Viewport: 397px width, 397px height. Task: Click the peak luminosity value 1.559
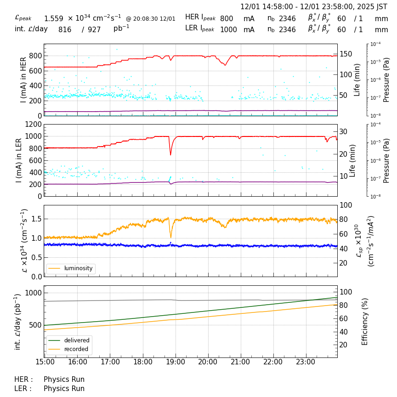[x=54, y=18]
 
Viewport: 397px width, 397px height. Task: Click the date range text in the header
[x=314, y=7]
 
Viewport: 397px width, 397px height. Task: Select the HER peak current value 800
[x=227, y=18]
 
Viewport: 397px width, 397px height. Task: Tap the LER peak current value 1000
[x=228, y=30]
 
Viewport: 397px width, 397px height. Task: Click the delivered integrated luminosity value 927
[x=94, y=30]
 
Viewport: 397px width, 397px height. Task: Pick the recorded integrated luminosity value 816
[x=65, y=30]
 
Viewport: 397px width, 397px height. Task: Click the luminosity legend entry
[x=78, y=268]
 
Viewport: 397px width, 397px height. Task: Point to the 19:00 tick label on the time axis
[x=176, y=362]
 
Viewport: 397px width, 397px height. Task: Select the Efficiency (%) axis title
[x=365, y=321]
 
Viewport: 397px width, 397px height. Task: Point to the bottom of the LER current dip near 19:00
[x=170, y=155]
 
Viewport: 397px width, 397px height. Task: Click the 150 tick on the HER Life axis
[x=346, y=54]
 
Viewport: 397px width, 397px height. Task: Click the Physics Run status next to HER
[x=64, y=380]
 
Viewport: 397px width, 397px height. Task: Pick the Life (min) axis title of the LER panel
[x=352, y=160]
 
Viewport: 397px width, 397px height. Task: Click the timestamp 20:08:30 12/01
[x=151, y=19]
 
